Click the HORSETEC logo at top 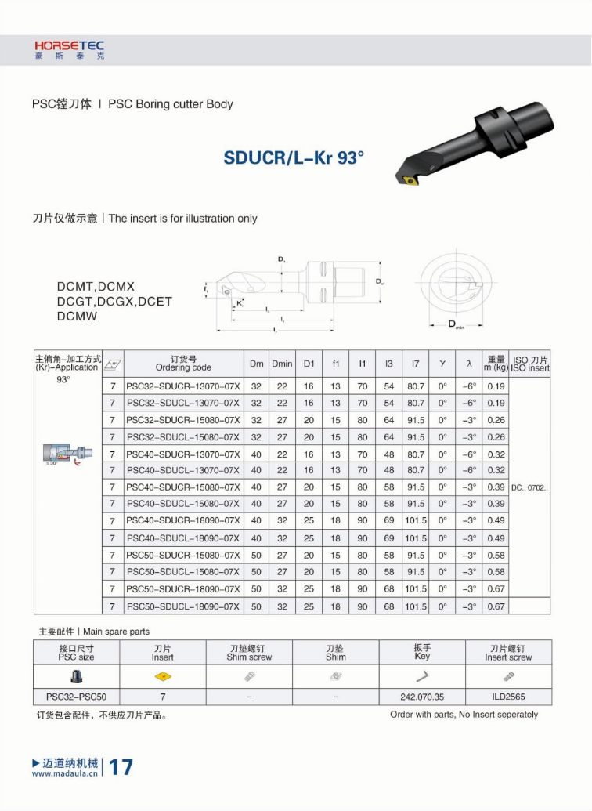(69, 50)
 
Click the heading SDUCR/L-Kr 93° (294, 157)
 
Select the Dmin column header (282, 364)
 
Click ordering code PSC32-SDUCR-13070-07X (182, 386)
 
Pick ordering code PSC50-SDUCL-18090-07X (182, 606)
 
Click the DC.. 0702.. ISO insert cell (529, 487)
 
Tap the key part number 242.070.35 (422, 697)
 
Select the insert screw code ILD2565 (508, 697)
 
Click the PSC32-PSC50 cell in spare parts (77, 697)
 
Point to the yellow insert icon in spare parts (163, 677)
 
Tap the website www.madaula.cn (65, 773)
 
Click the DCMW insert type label (78, 317)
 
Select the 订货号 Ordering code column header (182, 364)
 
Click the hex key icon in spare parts (422, 677)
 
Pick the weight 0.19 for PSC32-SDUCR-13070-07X (496, 386)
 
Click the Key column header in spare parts (422, 653)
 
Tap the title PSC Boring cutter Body (170, 104)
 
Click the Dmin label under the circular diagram (455, 325)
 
